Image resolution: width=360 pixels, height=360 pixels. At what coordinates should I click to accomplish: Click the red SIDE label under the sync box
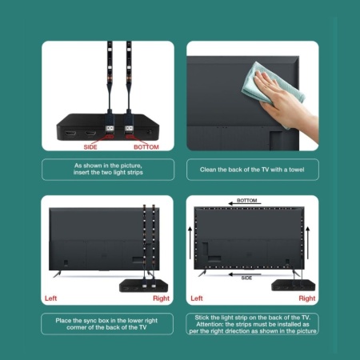[x=90, y=147]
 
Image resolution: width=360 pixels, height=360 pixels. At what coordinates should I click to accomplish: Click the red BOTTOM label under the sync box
[x=146, y=147]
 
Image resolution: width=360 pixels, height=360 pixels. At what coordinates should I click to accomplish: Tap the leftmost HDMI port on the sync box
[x=70, y=134]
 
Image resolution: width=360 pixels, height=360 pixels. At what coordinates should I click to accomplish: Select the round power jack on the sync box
[x=150, y=132]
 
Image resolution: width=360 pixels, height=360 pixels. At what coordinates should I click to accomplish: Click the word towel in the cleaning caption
[x=297, y=170]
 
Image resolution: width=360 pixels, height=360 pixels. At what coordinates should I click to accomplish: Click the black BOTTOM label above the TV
[x=247, y=200]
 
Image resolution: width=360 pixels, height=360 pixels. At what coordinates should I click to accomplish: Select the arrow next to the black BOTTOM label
[x=245, y=204]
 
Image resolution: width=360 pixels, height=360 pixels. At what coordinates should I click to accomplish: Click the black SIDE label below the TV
[x=246, y=278]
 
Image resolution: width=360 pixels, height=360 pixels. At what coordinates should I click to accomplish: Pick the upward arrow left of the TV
[x=190, y=242]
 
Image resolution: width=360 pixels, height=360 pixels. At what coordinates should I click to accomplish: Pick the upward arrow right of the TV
[x=308, y=242]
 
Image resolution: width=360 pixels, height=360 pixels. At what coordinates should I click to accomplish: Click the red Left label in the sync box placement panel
[x=50, y=298]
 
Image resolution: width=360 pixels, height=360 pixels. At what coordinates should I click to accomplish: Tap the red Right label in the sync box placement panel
[x=161, y=298]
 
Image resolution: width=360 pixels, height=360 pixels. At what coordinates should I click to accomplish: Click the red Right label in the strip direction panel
[x=307, y=298]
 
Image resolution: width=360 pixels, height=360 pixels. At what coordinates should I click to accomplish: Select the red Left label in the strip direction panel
[x=197, y=298]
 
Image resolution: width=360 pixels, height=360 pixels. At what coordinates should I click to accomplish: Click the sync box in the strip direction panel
[x=293, y=285]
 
